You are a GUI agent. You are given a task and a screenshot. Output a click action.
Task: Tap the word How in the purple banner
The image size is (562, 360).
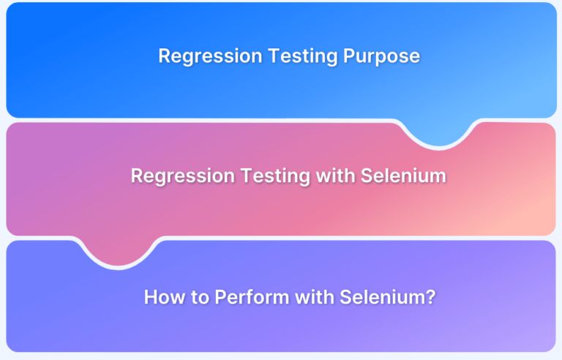(161, 297)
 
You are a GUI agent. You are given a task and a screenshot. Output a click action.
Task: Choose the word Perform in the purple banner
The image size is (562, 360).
(237, 297)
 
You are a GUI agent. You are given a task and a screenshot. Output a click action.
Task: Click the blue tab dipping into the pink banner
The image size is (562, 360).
(443, 132)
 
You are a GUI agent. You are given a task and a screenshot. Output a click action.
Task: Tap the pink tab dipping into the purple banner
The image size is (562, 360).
(120, 252)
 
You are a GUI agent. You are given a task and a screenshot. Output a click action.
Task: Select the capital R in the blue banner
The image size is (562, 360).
(165, 56)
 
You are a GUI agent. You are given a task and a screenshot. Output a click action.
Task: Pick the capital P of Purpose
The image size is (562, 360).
(357, 56)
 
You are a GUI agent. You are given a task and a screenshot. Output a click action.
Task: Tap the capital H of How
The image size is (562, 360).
(150, 297)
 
